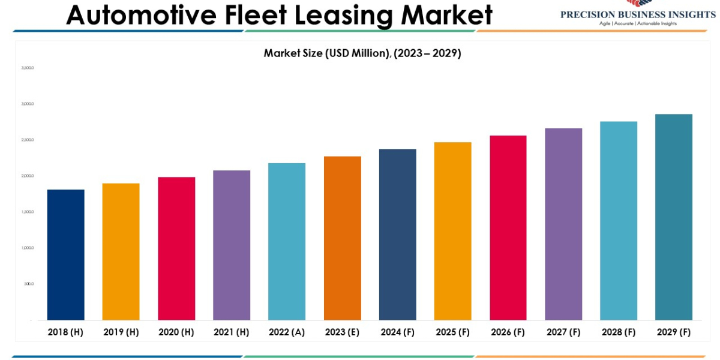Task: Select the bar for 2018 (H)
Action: point(65,254)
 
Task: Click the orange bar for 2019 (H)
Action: point(121,251)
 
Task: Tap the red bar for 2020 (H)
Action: point(176,248)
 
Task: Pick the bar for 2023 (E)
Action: point(342,238)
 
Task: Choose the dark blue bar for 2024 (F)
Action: point(398,235)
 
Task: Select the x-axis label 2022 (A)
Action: point(287,332)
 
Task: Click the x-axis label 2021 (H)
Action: point(232,332)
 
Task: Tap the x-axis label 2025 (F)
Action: point(453,332)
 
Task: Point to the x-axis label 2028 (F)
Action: point(619,332)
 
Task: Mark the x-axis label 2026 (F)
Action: point(508,332)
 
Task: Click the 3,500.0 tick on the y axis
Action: point(28,68)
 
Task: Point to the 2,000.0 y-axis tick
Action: point(28,176)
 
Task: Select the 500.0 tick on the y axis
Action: point(29,284)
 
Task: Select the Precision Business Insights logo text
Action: point(638,14)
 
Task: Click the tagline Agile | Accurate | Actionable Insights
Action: point(638,23)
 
